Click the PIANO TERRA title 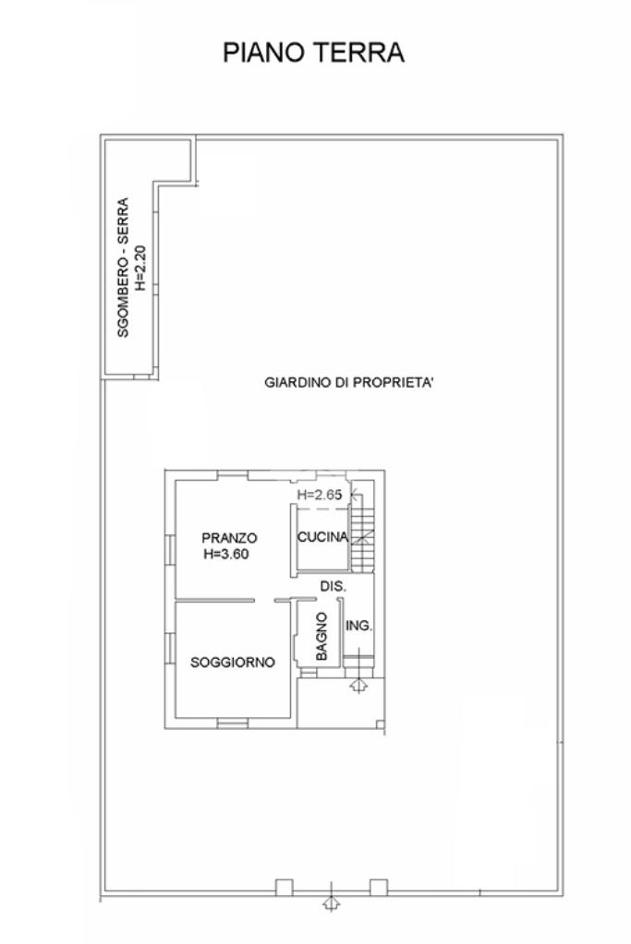point(313,53)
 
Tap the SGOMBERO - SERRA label point(123,268)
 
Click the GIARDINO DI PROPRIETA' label point(349,382)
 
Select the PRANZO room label point(229,538)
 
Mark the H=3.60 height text point(226,554)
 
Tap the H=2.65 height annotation point(320,495)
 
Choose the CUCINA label point(323,536)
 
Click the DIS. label point(333,586)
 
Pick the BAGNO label point(322,636)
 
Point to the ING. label point(358,627)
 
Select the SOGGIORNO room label point(233,663)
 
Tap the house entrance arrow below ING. point(358,685)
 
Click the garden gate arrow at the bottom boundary point(331,902)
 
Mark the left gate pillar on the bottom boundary point(284,888)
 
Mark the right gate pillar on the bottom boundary point(379,888)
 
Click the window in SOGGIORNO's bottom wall point(233,723)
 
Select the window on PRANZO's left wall point(171,550)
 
